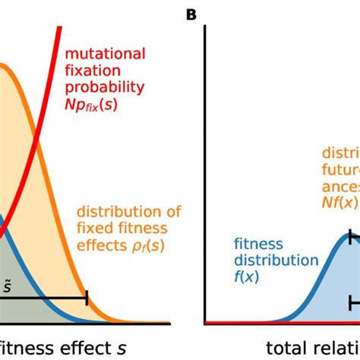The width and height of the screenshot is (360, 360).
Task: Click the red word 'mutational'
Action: [x=106, y=55]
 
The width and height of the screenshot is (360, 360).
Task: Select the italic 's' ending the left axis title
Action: [x=122, y=347]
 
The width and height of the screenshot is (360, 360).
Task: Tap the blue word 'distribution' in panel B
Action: [x=274, y=261]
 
